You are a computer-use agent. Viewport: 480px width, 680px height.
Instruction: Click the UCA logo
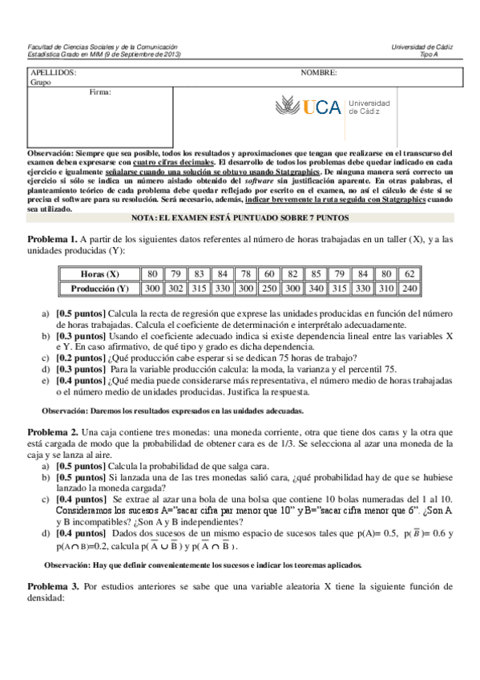(x=333, y=107)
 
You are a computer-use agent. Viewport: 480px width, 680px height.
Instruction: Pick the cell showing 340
(x=317, y=287)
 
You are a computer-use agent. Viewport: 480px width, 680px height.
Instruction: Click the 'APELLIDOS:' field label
(x=53, y=72)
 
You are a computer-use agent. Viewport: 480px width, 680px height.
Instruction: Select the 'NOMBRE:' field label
(x=318, y=72)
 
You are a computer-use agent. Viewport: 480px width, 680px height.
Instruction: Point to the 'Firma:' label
(x=100, y=91)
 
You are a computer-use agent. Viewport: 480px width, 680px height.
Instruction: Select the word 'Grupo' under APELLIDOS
(x=40, y=81)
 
